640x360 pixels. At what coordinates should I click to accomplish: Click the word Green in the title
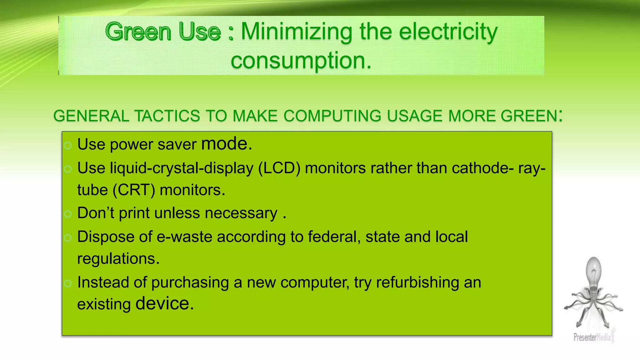[x=138, y=32]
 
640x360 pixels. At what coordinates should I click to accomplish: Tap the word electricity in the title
[x=448, y=32]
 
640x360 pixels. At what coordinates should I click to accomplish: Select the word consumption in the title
[x=301, y=60]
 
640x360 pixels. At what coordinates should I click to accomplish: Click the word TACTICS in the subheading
[x=167, y=116]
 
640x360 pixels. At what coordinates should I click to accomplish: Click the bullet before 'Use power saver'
[x=68, y=145]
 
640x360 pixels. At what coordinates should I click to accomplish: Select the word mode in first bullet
[x=224, y=144]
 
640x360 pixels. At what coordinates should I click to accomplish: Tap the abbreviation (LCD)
[x=279, y=168]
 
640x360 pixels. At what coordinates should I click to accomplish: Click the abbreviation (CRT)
[x=134, y=190]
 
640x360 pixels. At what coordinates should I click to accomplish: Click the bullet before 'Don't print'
[x=68, y=214]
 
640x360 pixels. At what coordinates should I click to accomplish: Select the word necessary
[x=241, y=213]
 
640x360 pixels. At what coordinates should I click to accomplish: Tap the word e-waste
[x=184, y=237]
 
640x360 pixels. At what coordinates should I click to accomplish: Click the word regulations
[x=118, y=259]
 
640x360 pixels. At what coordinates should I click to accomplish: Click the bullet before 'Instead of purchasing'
[x=68, y=283]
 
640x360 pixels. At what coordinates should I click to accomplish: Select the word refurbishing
[x=417, y=282]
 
